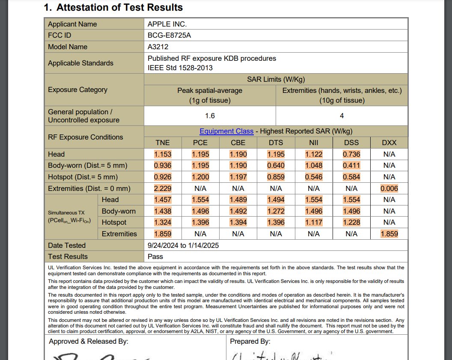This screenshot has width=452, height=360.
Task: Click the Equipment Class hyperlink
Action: point(226,131)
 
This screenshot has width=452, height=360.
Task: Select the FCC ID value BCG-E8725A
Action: point(169,36)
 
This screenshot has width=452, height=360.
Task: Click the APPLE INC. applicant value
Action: point(167,24)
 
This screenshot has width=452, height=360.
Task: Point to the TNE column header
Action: point(163,143)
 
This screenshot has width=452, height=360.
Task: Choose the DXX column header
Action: point(389,143)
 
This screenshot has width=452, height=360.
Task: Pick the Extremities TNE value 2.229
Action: point(163,188)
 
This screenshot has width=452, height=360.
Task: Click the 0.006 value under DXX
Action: point(389,188)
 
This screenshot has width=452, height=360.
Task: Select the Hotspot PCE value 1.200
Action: point(200,177)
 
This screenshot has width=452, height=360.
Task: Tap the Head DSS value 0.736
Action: point(351,154)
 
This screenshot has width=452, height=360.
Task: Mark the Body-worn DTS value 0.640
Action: point(276,166)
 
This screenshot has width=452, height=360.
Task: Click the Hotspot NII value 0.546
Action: point(313,177)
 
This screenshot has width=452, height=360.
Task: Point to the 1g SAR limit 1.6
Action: point(210,116)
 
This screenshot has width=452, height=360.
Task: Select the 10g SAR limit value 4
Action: point(342,116)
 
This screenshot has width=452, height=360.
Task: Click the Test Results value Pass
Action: point(155,256)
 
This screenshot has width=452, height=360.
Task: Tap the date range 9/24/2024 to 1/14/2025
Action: point(183,245)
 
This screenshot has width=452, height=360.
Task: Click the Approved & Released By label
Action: point(89,341)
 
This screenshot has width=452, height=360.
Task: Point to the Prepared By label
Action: point(250,341)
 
